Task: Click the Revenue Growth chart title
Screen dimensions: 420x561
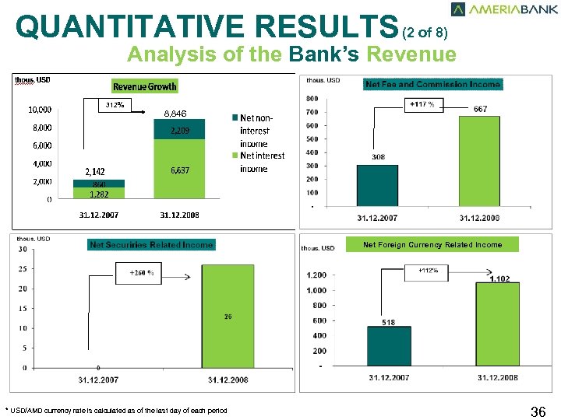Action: (x=145, y=86)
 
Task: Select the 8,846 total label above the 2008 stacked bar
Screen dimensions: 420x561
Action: (x=176, y=114)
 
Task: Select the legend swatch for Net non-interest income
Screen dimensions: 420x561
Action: (x=234, y=117)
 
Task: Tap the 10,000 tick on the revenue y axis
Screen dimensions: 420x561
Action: (x=40, y=110)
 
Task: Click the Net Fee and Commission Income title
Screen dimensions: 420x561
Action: (x=432, y=84)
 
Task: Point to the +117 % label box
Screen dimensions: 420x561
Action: (x=421, y=104)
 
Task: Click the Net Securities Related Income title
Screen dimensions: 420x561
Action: (x=151, y=245)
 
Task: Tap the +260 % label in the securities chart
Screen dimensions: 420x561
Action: (x=141, y=273)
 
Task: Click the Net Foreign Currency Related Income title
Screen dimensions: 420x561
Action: (x=432, y=245)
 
